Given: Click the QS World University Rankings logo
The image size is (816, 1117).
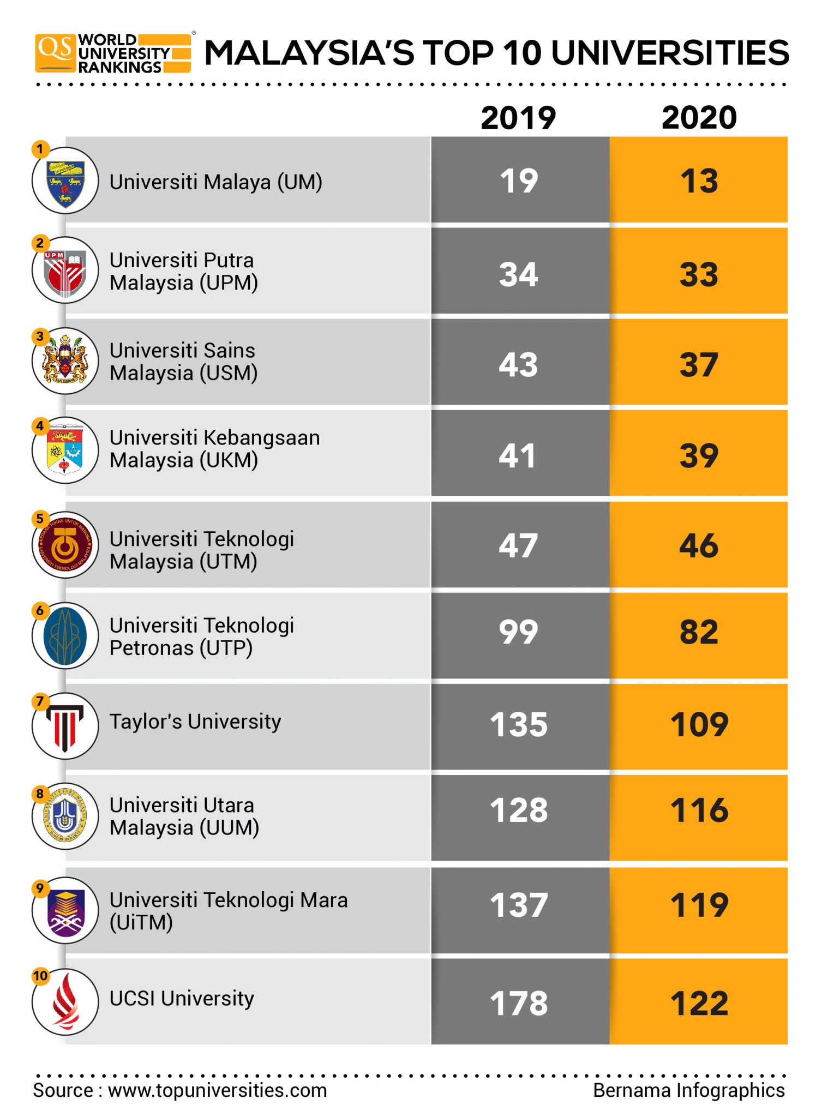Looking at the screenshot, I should pos(113,53).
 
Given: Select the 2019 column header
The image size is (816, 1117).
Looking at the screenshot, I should pos(518,117).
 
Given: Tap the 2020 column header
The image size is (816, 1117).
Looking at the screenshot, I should pos(699,117).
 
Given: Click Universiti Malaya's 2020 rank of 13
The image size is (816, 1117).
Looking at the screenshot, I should pos(699,181).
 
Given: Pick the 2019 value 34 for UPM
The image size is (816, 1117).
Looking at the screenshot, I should pos(518,274).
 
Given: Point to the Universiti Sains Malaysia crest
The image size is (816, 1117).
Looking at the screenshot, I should pos(65,361).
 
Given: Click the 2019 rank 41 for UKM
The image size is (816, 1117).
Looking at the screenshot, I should pos(517,455).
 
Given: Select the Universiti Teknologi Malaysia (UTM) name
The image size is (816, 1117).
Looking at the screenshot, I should pos(201,550).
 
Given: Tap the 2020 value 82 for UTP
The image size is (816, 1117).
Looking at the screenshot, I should pos(699,632).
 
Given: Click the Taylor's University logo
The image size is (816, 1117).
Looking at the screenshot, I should pos(65,726).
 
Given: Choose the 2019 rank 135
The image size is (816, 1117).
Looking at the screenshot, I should pos(518,724).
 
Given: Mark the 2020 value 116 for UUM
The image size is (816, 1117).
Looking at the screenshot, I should pos(699,810).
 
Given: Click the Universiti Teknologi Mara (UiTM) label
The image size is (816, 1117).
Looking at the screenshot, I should pos(228,911).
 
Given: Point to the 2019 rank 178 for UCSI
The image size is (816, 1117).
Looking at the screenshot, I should pos(518,1003).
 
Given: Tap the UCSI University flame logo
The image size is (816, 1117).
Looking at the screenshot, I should pos(65,1002).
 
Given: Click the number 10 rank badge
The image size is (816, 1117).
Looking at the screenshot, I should pos(40,976).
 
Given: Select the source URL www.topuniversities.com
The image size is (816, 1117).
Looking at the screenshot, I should pos(217,1090).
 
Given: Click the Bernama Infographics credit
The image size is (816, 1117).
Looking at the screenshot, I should pos(688,1090).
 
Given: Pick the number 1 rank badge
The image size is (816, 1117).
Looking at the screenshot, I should pos(40,149).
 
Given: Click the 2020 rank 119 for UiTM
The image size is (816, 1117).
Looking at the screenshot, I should pos(699,905).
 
